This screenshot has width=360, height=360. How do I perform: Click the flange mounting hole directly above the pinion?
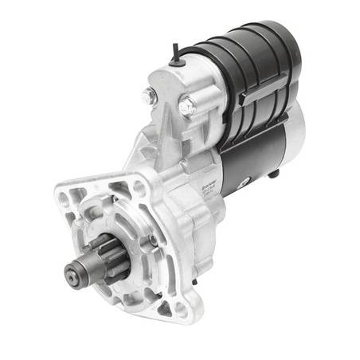point(136,190)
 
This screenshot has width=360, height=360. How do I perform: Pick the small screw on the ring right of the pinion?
point(151,239)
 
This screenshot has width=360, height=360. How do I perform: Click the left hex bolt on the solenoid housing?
point(148,96)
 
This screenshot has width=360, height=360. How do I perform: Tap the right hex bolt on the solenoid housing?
point(186,104)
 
